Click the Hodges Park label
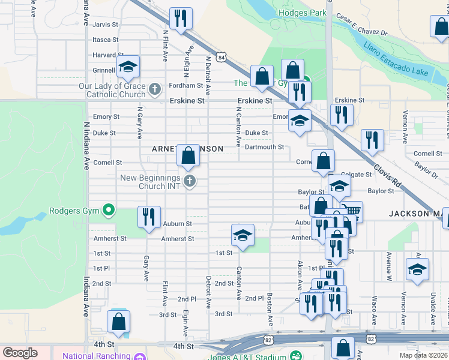(302, 13)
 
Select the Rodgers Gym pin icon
(108, 209)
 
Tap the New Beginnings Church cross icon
(190, 181)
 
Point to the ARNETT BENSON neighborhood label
(187, 148)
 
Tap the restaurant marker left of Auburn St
(148, 217)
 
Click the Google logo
(20, 353)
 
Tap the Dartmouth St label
(264, 147)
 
